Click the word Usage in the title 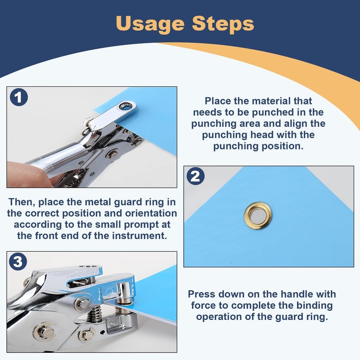coord(150,24)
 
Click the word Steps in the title coord(223,23)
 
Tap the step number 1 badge coord(19,97)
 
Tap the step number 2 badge coord(195,176)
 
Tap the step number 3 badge coord(18,261)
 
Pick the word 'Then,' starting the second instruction coord(22,202)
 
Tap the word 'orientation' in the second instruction coord(151,213)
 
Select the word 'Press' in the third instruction coord(202,294)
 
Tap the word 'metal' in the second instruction coord(99,202)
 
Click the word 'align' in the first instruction coord(296,124)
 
